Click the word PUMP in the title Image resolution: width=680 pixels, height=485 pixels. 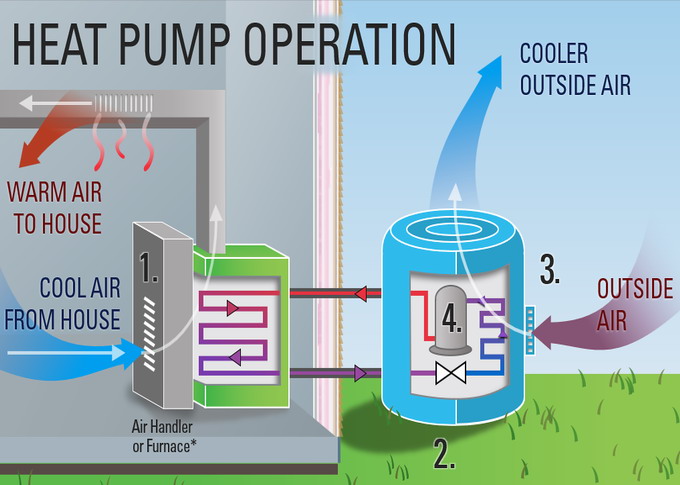pos(174,44)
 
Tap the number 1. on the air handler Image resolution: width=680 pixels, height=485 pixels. pos(149,267)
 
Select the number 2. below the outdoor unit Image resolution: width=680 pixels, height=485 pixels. pos(444,455)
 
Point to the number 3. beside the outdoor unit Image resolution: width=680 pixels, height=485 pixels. pos(550,269)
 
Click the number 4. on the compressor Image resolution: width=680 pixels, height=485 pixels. pos(452,319)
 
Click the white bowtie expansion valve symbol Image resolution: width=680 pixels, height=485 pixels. pos(451,373)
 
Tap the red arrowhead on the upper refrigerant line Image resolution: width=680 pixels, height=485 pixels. pos(361,294)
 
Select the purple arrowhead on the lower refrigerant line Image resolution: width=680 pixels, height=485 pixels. pos(360,373)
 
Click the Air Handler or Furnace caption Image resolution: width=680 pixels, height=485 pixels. pos(162,436)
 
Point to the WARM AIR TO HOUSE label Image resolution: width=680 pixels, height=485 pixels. pos(55,208)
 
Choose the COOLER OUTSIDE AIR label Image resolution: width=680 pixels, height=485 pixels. pos(575,69)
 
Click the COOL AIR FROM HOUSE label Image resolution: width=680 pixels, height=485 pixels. pos(62,304)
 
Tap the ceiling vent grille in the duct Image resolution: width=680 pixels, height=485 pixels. pos(124,103)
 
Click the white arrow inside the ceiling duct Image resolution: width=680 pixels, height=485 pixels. pos(56,103)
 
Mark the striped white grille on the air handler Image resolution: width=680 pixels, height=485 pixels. pos(150,334)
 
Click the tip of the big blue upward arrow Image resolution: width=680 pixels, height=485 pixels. pos(501,56)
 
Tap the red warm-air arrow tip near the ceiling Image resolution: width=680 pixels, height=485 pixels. pos(20,167)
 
